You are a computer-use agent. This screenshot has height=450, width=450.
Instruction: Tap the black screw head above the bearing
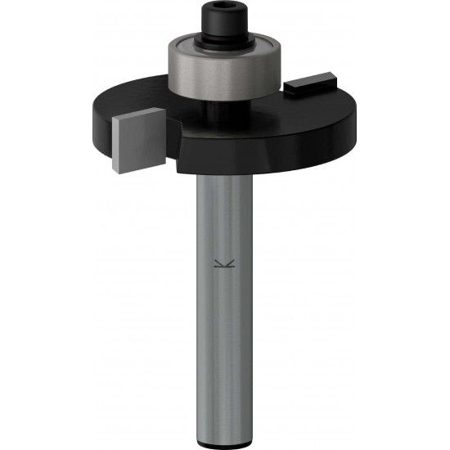click(x=223, y=18)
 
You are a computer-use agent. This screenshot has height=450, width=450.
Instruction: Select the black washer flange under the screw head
click(x=224, y=35)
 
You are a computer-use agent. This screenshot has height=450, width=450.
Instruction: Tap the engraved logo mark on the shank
click(x=223, y=263)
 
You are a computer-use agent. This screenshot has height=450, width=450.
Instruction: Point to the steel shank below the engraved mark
click(x=223, y=344)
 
